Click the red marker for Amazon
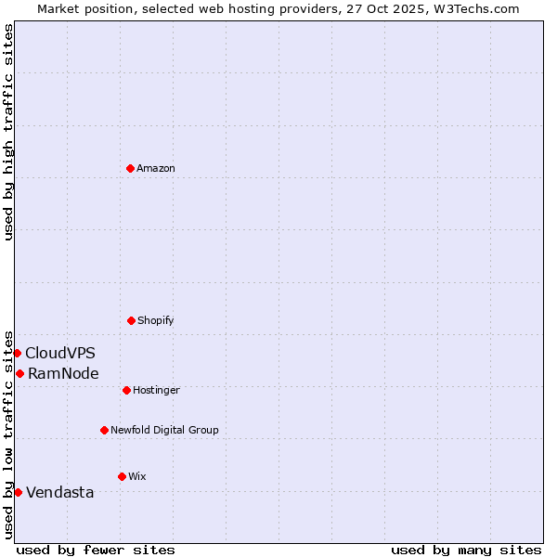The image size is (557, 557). pos(130,168)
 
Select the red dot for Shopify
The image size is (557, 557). pos(131,320)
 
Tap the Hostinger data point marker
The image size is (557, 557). pos(126,390)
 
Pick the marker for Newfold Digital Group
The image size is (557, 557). pos(104,430)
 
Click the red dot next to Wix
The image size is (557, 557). pos(122,476)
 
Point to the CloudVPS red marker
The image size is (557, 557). pos(17,353)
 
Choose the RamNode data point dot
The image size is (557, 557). pos(19,373)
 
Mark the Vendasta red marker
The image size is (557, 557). pos(18,492)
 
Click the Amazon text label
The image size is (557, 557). pos(156,169)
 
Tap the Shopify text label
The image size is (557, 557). pos(156,321)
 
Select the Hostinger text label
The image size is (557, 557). pos(156,391)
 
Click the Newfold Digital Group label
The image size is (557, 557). pos(164,431)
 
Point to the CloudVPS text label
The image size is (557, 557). pos(60,354)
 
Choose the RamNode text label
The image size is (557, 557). pos(63,374)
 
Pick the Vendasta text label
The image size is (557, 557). pos(60,493)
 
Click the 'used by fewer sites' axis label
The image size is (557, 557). pos(96,550)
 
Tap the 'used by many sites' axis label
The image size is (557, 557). pos(466,550)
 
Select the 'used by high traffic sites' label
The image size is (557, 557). pos(8,132)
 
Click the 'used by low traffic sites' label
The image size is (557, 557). pos(8,434)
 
